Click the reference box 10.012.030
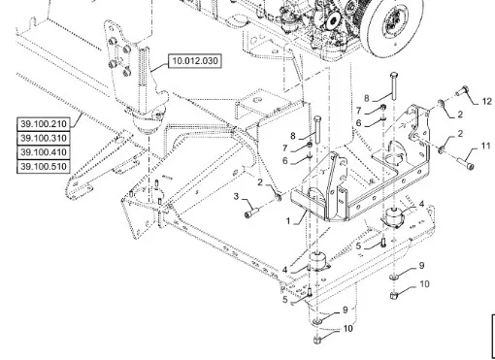[195, 61]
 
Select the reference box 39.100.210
[44, 124]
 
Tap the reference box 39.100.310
[44, 138]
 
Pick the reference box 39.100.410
[44, 152]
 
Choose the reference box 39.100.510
[44, 167]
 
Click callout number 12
[486, 101]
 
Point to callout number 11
[486, 147]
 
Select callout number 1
[288, 221]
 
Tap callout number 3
[237, 196]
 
